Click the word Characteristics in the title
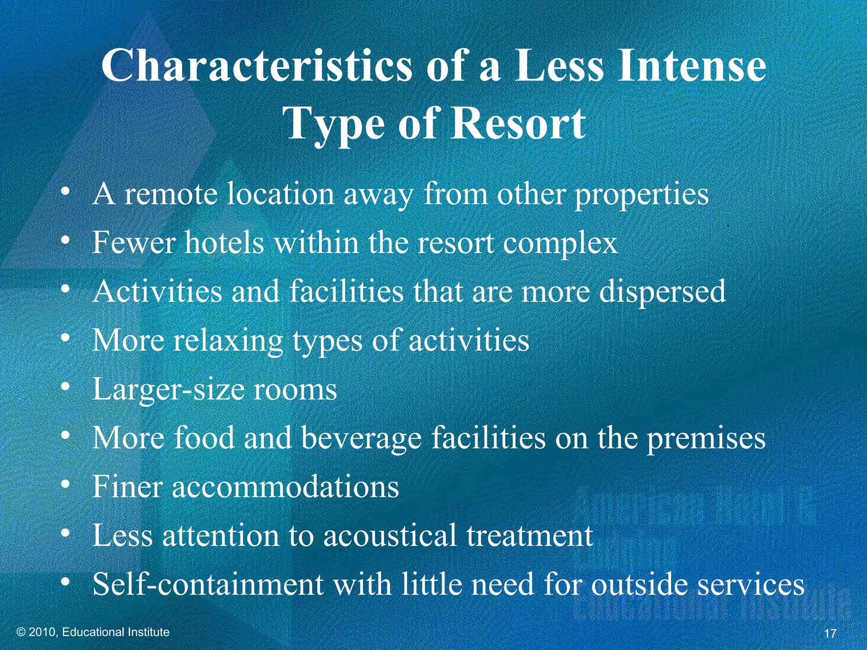pyautogui.click(x=256, y=66)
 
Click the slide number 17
pyautogui.click(x=830, y=633)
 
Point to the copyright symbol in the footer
pyautogui.click(x=21, y=632)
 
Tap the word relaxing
pyautogui.click(x=228, y=341)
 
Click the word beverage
pyautogui.click(x=362, y=438)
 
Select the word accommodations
pyautogui.click(x=285, y=487)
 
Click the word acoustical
pyautogui.click(x=390, y=535)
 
